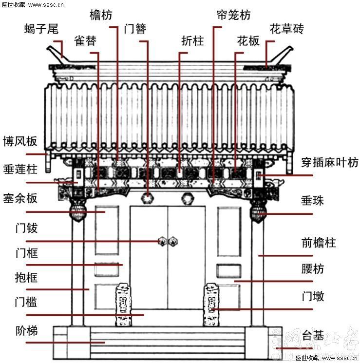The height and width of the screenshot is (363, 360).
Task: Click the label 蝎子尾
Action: (41, 29)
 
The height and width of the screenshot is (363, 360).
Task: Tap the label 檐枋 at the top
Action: (101, 15)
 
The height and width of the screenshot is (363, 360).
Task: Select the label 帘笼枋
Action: (233, 15)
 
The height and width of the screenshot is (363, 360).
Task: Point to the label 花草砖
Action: (286, 29)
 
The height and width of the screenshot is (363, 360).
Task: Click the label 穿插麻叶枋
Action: (329, 162)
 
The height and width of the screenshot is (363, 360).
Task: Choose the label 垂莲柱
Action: (19, 169)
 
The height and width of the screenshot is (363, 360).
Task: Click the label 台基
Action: (313, 335)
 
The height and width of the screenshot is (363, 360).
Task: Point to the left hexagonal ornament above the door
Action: (147, 198)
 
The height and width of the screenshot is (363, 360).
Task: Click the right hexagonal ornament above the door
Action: (187, 198)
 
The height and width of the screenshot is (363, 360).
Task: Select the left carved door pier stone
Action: (122, 305)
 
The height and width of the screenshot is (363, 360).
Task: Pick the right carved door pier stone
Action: (210, 305)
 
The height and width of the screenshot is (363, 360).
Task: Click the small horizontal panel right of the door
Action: (228, 271)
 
